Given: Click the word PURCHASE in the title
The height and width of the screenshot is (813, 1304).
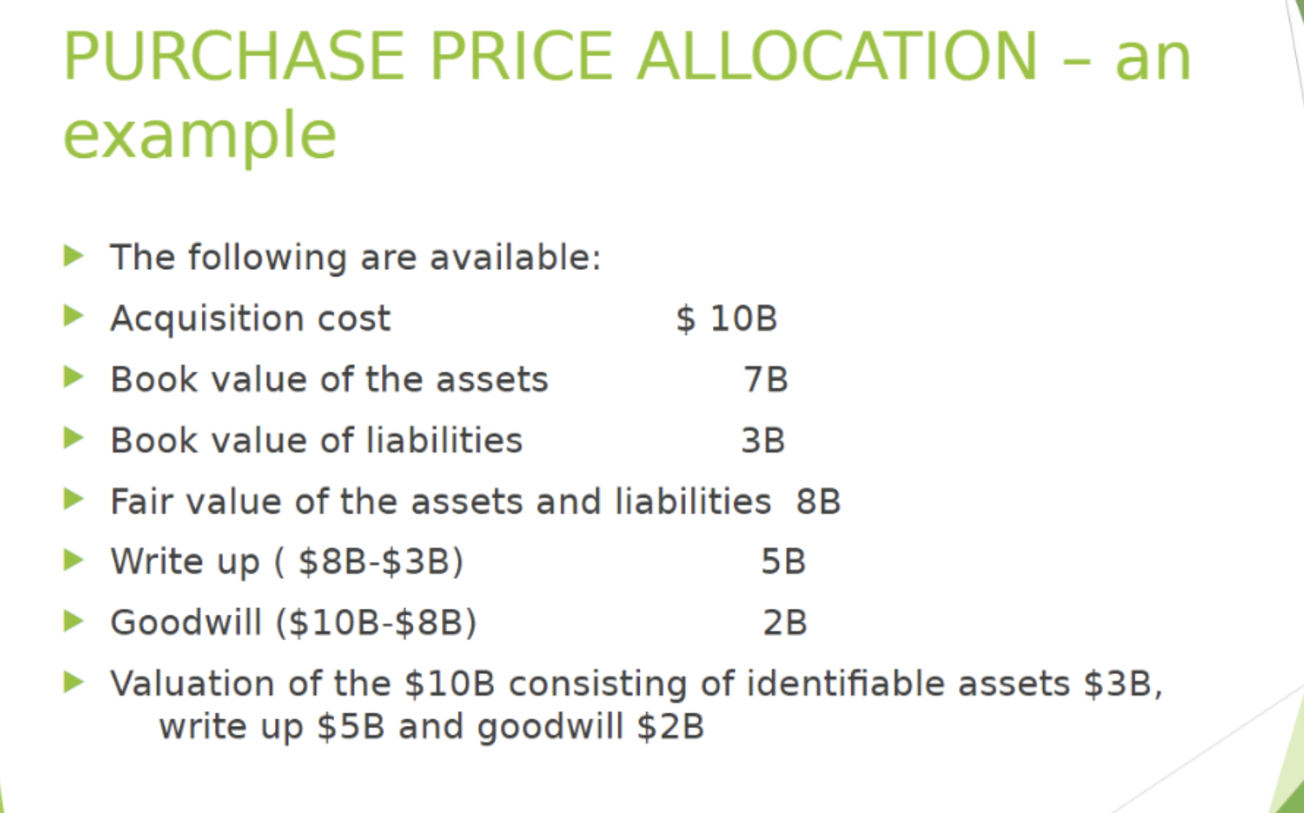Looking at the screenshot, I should pos(234,57).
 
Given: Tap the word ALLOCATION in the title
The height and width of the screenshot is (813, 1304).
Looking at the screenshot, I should pos(837,57).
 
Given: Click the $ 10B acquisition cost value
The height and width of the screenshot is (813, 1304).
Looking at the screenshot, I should pos(726,318).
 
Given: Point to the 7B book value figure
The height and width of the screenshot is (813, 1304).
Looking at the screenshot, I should pos(766,379).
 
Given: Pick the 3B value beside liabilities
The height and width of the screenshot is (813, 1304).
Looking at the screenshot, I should pos(763,440).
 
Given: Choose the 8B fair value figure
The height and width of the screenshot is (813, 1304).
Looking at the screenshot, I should pos(818,501).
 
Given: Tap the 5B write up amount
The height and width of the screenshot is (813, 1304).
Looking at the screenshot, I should pos(783,561).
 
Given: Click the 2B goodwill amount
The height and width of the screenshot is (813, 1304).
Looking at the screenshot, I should pos(785,622).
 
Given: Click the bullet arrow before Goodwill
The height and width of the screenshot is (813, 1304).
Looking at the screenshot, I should pos(73,621).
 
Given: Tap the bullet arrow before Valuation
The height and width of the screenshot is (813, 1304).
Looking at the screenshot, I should pos(73,682).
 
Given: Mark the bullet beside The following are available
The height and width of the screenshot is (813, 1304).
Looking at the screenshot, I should pos(73,256).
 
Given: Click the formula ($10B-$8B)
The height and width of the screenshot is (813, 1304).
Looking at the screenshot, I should pos(376,623).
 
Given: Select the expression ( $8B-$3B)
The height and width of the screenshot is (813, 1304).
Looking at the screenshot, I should pos(370,562).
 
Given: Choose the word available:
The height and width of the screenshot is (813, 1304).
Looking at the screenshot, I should pos(515,258).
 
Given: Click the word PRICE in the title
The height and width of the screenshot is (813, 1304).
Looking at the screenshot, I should pos(520,57).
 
